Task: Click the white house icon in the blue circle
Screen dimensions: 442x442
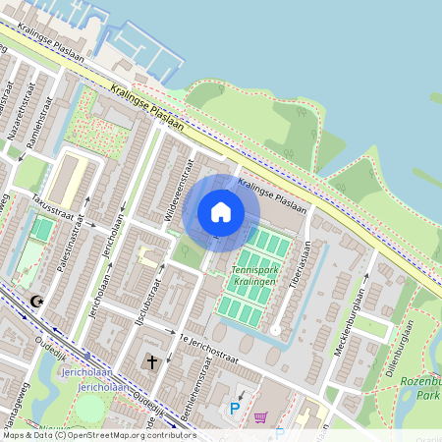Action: tap(221, 211)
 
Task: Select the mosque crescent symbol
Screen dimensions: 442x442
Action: tap(37, 301)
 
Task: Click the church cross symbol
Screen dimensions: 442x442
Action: tap(152, 362)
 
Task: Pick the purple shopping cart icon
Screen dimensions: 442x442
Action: tap(260, 416)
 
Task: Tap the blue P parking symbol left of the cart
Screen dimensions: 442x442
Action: tap(234, 408)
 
